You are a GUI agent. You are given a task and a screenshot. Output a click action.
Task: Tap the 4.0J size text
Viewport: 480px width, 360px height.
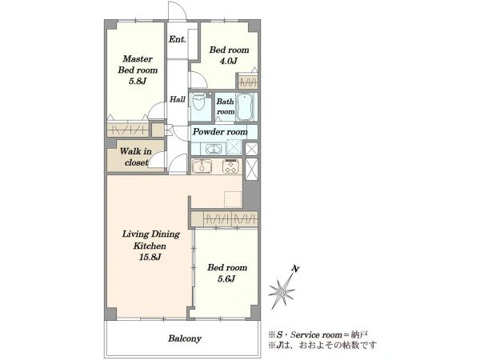pyautogui.click(x=229, y=62)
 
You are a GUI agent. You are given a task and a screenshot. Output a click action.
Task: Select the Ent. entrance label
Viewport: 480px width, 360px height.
pyautogui.click(x=178, y=39)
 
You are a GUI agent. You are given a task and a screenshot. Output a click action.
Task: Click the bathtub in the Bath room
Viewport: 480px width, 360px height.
pyautogui.click(x=246, y=107)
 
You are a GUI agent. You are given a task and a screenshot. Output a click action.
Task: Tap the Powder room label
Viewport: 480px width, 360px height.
pyautogui.click(x=220, y=132)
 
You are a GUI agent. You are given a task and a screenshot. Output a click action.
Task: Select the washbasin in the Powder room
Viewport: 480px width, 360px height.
pyautogui.click(x=213, y=150)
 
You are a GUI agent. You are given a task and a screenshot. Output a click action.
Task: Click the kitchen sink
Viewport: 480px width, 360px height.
pyautogui.click(x=202, y=166)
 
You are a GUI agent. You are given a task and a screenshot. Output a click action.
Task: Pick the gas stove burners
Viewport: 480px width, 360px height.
pyautogui.click(x=231, y=166)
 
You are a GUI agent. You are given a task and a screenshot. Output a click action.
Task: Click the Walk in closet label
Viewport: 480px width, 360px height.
pyautogui.click(x=135, y=157)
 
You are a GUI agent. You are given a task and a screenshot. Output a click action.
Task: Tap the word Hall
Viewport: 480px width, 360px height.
pyautogui.click(x=178, y=99)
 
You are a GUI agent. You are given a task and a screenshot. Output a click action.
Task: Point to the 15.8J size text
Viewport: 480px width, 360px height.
pyautogui.click(x=150, y=257)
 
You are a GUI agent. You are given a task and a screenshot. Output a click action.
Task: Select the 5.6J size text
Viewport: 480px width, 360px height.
pyautogui.click(x=226, y=279)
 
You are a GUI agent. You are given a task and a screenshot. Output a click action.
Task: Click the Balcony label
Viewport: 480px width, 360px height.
pyautogui.click(x=185, y=338)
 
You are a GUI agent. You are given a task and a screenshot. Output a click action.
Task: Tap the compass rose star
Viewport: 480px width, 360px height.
pyautogui.click(x=282, y=292)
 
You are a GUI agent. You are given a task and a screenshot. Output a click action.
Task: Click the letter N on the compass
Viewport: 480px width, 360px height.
pyautogui.click(x=295, y=269)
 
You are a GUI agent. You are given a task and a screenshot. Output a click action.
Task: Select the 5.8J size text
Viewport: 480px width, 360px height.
pyautogui.click(x=138, y=82)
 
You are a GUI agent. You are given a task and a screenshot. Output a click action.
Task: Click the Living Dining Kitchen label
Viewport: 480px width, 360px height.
pyautogui.click(x=150, y=240)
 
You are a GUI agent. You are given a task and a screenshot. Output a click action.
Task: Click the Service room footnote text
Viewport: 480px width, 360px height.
pyautogui.click(x=318, y=334)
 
